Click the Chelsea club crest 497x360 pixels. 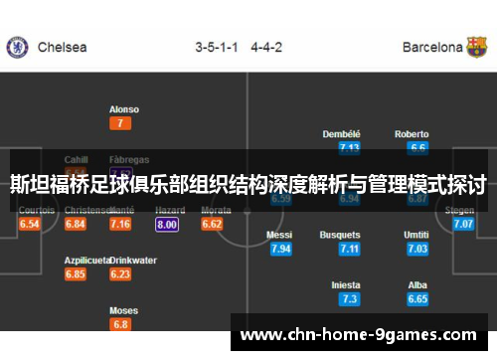click(16, 47)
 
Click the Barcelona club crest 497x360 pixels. click(478, 47)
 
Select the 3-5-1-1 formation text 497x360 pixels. click(216, 47)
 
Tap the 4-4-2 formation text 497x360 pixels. click(265, 47)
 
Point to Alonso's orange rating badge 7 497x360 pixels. click(120, 124)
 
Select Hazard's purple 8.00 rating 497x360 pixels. click(167, 225)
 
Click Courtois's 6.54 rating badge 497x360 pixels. click(30, 225)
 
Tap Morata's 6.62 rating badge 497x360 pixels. click(212, 225)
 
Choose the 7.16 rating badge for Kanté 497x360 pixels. click(120, 225)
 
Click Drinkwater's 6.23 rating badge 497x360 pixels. click(120, 274)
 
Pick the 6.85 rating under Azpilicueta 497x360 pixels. click(76, 274)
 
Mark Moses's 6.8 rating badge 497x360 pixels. click(120, 324)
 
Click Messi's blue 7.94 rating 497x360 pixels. click(280, 249)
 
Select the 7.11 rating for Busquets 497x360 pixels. click(349, 249)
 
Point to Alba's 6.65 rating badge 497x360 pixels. click(417, 298)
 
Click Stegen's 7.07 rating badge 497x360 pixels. click(462, 225)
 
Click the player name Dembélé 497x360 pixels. click(342, 134)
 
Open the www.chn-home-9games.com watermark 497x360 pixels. click(360, 334)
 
